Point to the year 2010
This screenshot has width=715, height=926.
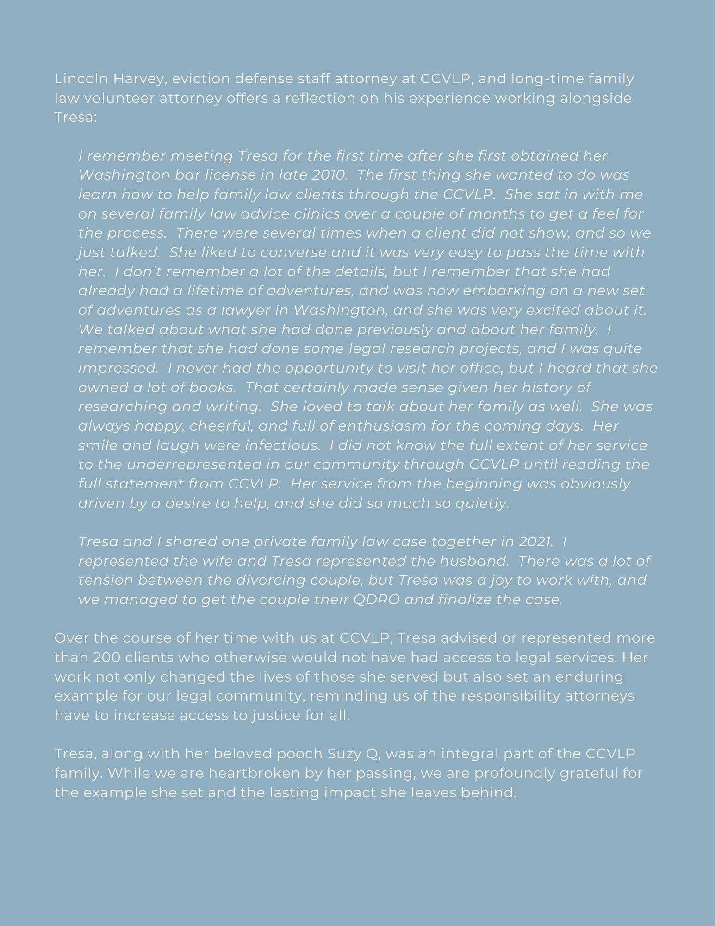click(x=329, y=175)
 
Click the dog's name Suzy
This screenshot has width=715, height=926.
click(x=345, y=754)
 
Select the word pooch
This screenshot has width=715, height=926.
click(x=299, y=754)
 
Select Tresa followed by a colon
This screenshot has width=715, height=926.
click(x=75, y=117)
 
